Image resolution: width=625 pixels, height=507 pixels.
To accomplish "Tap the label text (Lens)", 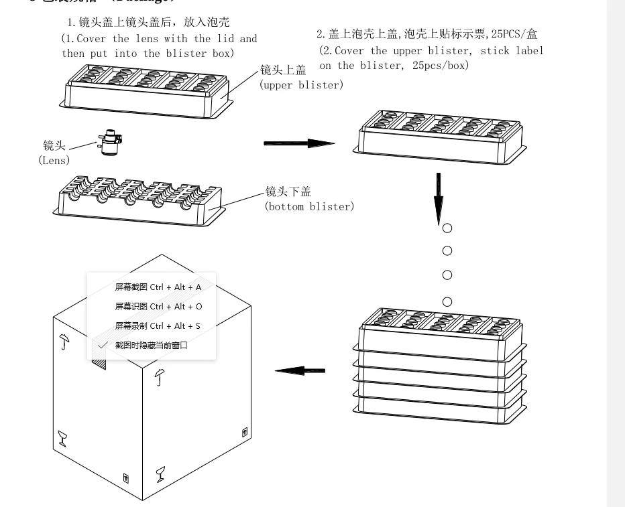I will click(x=54, y=161).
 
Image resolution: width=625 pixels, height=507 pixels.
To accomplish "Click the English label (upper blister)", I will click(x=301, y=85).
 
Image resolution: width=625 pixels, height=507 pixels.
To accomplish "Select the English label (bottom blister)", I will click(x=309, y=206).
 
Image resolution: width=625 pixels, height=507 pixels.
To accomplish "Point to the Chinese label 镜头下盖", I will click(x=288, y=192).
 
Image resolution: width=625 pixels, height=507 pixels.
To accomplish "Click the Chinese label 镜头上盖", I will click(x=283, y=70).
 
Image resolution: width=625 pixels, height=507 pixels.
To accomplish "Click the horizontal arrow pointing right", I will click(x=298, y=143).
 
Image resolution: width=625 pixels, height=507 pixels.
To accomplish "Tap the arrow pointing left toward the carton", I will click(x=300, y=370).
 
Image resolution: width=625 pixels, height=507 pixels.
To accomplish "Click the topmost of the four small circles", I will click(x=447, y=228).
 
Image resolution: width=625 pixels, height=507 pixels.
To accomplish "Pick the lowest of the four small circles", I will click(x=447, y=301).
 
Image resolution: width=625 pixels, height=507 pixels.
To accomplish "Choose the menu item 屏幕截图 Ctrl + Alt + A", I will click(x=158, y=287).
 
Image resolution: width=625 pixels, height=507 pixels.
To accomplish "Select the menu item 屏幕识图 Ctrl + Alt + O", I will click(x=158, y=306).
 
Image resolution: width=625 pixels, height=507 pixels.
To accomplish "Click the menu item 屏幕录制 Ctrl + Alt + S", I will click(x=158, y=325).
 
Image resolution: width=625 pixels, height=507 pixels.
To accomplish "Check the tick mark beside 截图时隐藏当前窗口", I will click(x=103, y=345).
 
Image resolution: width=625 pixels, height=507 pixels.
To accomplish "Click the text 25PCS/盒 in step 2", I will click(x=512, y=33).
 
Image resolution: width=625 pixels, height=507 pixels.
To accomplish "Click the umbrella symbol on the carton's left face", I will click(x=64, y=342).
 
